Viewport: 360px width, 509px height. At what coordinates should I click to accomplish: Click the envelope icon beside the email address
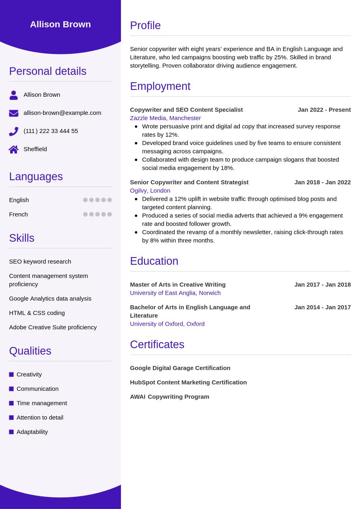(x=14, y=113)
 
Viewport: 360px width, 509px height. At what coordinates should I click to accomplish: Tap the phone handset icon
(x=14, y=131)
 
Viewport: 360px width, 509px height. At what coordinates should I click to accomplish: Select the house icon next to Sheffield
(x=14, y=150)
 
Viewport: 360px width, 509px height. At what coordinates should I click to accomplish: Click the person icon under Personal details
(x=14, y=95)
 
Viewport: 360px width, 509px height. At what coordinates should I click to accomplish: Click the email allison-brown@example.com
(x=62, y=113)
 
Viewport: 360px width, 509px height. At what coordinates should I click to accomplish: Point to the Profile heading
(x=145, y=25)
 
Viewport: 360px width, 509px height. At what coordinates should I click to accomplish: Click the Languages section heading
(x=36, y=177)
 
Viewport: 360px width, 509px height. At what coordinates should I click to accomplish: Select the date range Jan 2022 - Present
(x=324, y=110)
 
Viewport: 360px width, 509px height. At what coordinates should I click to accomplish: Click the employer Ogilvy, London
(x=150, y=191)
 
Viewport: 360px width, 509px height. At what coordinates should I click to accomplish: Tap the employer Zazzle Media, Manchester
(x=165, y=118)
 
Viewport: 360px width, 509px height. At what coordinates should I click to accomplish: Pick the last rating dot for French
(x=110, y=214)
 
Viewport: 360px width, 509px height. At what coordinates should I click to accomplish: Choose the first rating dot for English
(x=85, y=200)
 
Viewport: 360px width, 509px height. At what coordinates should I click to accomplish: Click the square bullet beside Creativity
(x=11, y=374)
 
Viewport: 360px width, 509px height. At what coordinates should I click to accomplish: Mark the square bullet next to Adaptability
(x=11, y=432)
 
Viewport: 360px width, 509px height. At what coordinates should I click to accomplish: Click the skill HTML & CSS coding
(x=37, y=313)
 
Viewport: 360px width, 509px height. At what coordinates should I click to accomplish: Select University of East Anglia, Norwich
(x=175, y=293)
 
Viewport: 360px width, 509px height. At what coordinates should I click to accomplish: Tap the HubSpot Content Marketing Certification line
(x=188, y=382)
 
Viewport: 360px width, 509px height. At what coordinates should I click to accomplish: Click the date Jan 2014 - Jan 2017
(x=323, y=307)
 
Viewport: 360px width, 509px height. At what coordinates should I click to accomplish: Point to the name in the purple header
(x=60, y=24)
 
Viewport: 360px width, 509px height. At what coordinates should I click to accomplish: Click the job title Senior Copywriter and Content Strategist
(x=189, y=182)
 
